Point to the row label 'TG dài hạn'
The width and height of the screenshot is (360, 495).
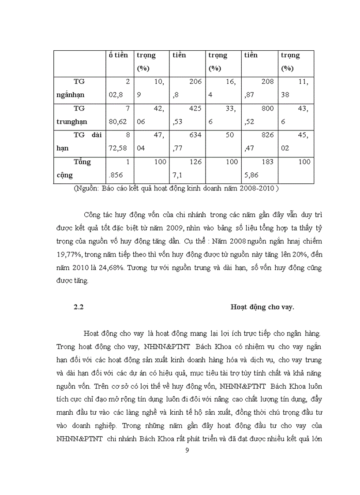click(79, 141)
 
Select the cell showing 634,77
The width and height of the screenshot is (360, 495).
click(187, 141)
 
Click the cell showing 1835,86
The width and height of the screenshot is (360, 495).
click(259, 168)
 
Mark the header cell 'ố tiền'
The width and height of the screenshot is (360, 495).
click(119, 56)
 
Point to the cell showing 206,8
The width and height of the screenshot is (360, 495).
click(187, 88)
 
